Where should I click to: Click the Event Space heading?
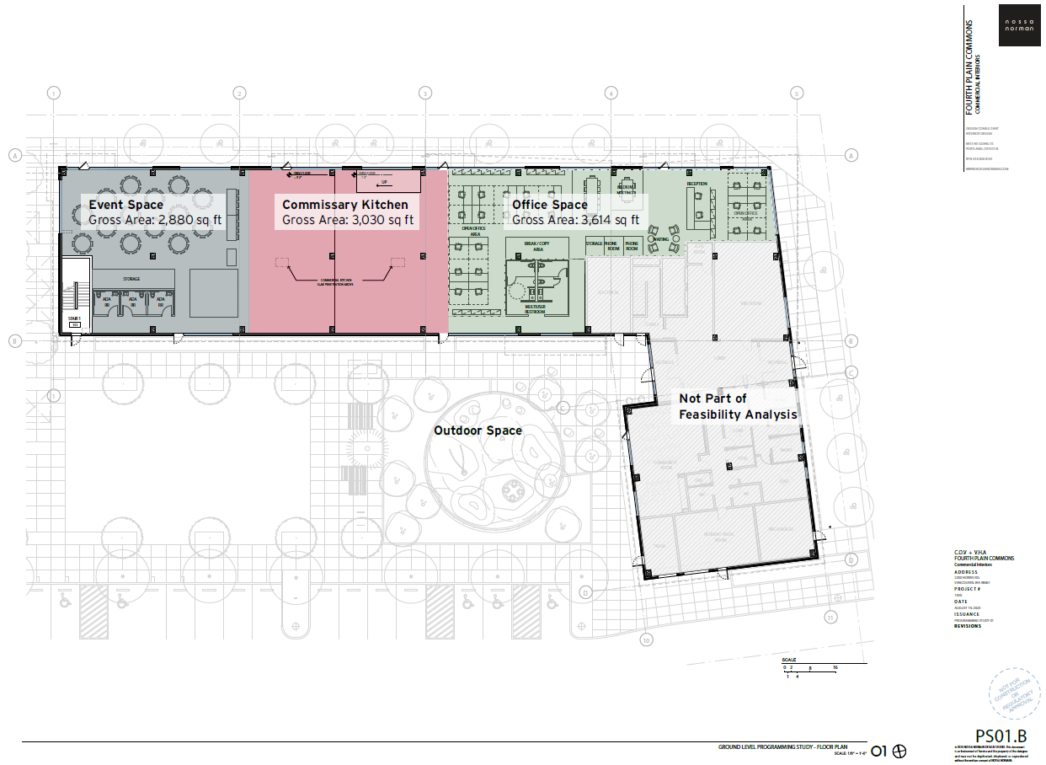click(126, 205)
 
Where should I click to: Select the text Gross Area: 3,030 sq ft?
click(348, 220)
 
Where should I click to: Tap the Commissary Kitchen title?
click(344, 205)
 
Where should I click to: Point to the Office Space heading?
click(550, 205)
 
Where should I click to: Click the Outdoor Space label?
click(478, 431)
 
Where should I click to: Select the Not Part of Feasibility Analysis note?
click(738, 406)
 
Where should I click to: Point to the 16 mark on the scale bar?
click(835, 667)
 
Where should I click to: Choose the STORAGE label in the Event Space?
click(131, 279)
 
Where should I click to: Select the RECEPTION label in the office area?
click(696, 184)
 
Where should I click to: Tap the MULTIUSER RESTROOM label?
click(535, 310)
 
